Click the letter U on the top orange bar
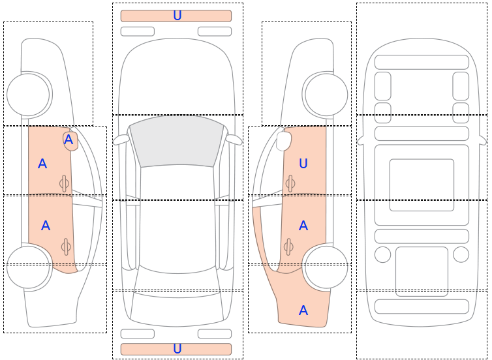(177, 16)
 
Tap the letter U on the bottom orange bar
(177, 349)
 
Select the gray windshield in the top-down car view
(177, 141)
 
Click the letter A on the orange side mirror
(69, 140)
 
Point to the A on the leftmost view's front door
(42, 164)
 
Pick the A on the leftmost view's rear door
(46, 226)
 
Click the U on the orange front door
(303, 164)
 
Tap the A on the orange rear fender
(303, 310)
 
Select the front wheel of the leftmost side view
(28, 95)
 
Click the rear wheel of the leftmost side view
(28, 267)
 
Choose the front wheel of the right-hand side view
(326, 95)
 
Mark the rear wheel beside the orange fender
(326, 267)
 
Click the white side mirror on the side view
(284, 141)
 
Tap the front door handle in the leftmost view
(65, 183)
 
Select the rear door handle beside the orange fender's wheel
(288, 247)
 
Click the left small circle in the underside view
(382, 254)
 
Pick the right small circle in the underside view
(461, 254)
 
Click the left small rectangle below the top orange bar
(138, 31)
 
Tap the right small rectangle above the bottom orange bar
(215, 334)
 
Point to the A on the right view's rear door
(303, 226)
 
